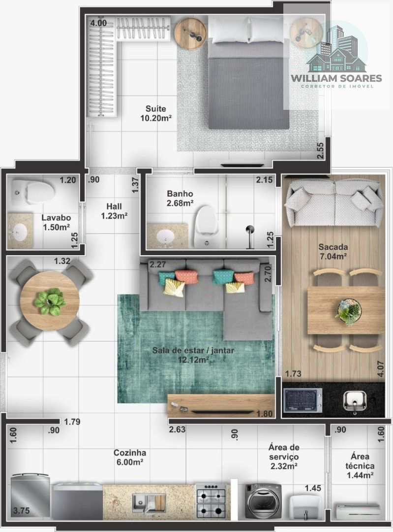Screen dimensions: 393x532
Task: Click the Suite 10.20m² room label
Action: (x=156, y=113)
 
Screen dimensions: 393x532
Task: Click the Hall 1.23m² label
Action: (x=114, y=211)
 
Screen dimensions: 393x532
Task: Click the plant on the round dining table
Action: (x=50, y=301)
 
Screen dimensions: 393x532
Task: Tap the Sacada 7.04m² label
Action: (x=333, y=251)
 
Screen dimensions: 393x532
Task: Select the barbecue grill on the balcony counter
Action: (x=302, y=400)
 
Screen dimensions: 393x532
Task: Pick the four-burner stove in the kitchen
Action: (x=211, y=501)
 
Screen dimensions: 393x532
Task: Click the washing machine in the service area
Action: (x=263, y=501)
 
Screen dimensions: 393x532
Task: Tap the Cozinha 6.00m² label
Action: (x=130, y=457)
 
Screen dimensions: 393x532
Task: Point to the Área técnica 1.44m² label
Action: (x=360, y=465)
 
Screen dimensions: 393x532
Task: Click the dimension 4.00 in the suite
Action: (x=98, y=24)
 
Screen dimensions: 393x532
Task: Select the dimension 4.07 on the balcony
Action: (x=380, y=369)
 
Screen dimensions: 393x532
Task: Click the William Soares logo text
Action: (x=336, y=78)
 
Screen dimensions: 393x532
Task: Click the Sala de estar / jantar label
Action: (x=193, y=351)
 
